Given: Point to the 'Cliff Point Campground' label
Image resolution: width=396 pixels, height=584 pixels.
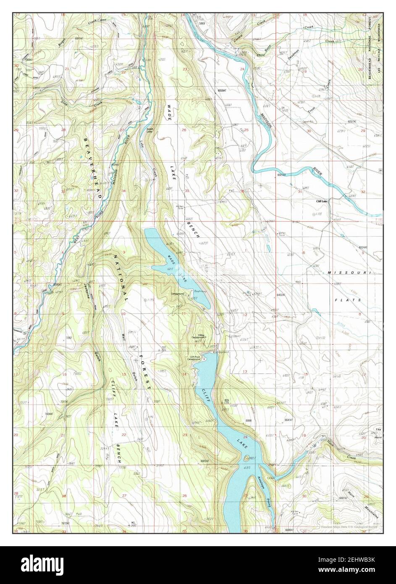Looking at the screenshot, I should coord(194,358).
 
